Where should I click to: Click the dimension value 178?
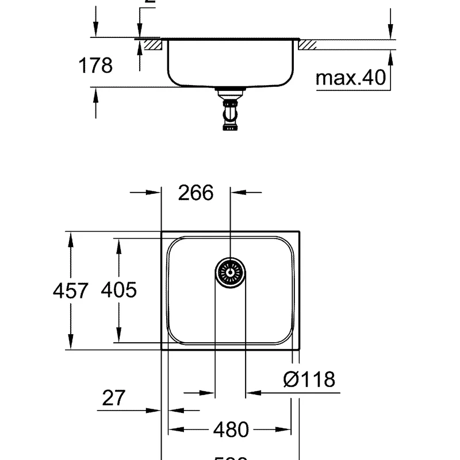pyautogui.click(x=95, y=66)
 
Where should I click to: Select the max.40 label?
pyautogui.click(x=351, y=78)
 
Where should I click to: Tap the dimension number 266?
pyautogui.click(x=195, y=193)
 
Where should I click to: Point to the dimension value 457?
pyautogui.click(x=71, y=290)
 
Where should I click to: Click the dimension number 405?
pyautogui.click(x=118, y=290)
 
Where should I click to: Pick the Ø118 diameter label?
pyautogui.click(x=309, y=379)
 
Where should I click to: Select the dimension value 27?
pyautogui.click(x=113, y=397)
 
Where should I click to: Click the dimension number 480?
pyautogui.click(x=231, y=430)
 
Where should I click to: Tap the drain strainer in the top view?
pyautogui.click(x=231, y=271)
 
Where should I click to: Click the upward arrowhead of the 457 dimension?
pyautogui.click(x=71, y=239)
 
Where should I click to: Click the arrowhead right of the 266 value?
pyautogui.click(x=237, y=193)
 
